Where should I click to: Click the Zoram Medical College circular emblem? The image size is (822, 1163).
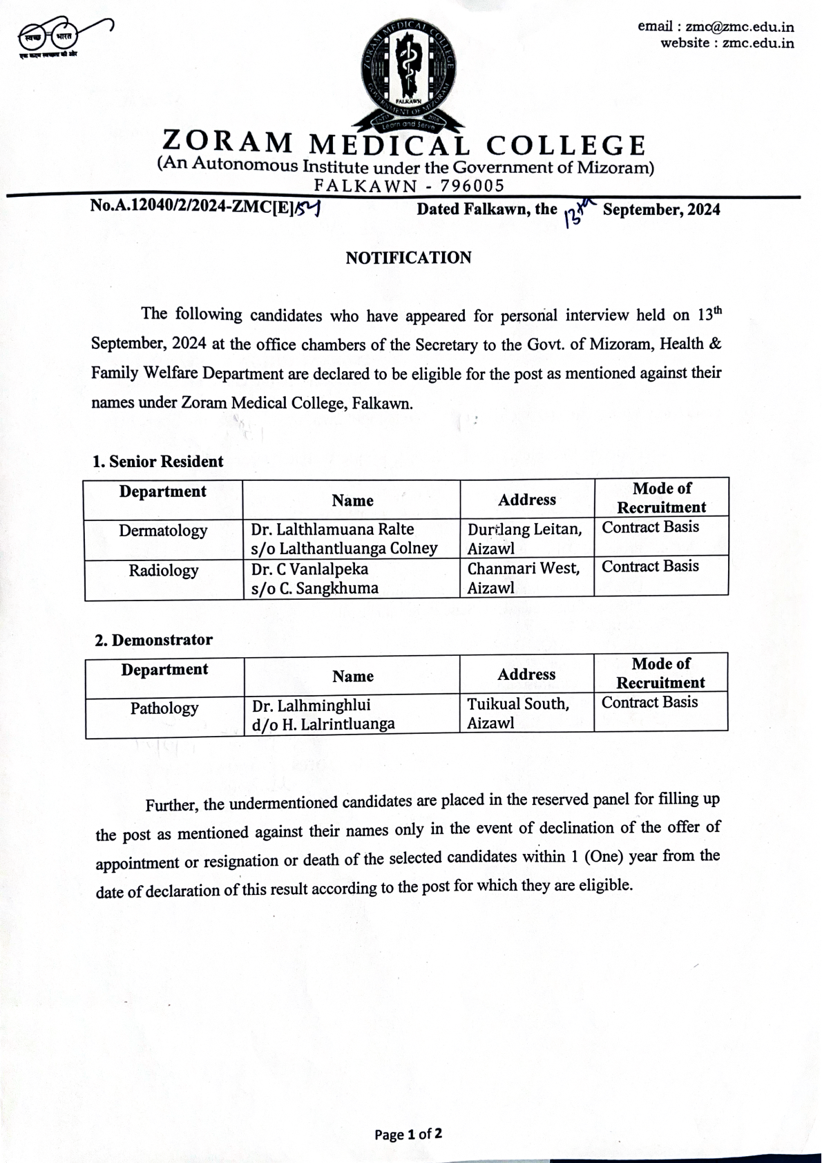click(x=408, y=73)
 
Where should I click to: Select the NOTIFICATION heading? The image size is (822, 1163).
click(x=408, y=258)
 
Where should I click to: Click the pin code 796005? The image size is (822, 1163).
click(x=472, y=186)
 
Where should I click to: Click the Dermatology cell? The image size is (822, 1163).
click(x=163, y=531)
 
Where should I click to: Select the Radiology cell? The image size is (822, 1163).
click(x=164, y=571)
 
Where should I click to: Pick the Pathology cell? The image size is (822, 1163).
click(x=164, y=708)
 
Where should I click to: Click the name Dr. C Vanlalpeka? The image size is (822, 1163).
click(x=309, y=569)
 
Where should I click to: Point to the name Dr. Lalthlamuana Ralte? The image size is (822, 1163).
click(x=332, y=529)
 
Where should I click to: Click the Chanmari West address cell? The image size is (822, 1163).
click(x=524, y=578)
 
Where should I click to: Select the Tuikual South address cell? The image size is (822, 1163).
click(x=518, y=713)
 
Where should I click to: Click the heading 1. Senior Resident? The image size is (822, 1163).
click(x=158, y=462)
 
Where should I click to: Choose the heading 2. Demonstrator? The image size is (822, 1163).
click(x=153, y=640)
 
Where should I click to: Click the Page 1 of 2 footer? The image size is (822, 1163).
click(x=408, y=1134)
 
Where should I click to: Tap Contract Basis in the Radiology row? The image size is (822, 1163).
click(x=650, y=567)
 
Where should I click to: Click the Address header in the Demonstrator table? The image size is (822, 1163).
click(x=526, y=674)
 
